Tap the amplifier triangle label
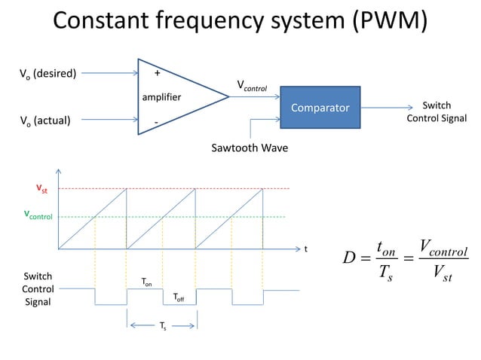click(161, 97)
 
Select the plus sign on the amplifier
click(157, 74)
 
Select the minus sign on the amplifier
click(156, 121)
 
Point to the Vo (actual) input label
click(44, 120)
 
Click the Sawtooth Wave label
click(250, 148)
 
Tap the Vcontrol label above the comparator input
click(253, 87)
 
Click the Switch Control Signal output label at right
click(437, 112)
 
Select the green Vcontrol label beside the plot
click(38, 215)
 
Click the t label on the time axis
click(305, 248)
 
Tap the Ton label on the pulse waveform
click(147, 282)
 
